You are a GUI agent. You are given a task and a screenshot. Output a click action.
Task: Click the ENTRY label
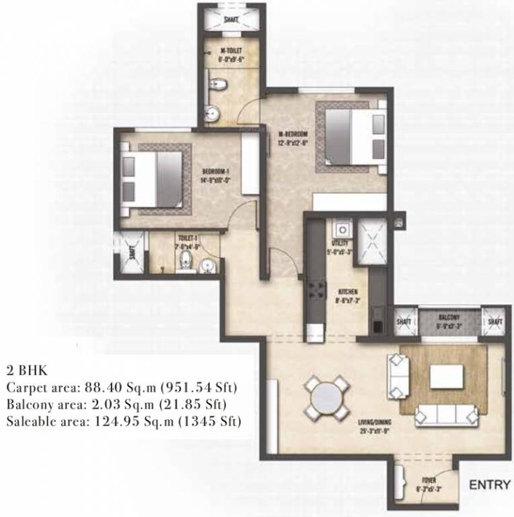pyautogui.click(x=486, y=484)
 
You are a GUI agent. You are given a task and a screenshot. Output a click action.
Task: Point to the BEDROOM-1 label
pyautogui.click(x=215, y=172)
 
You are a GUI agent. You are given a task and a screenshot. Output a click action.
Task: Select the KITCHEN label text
pyautogui.click(x=347, y=292)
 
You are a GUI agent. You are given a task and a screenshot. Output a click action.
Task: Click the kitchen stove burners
pyautogui.click(x=314, y=291)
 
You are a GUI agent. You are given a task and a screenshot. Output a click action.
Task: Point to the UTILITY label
pyautogui.click(x=338, y=244)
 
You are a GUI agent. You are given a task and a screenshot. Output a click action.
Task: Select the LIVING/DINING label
pyautogui.click(x=375, y=425)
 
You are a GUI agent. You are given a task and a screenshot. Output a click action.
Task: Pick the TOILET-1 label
pyautogui.click(x=186, y=238)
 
